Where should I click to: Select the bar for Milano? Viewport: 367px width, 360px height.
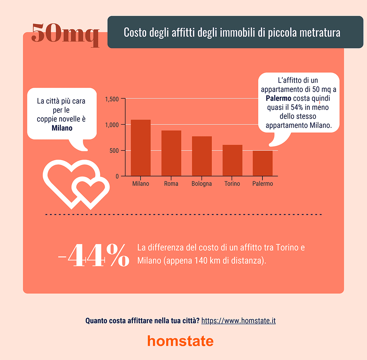point(141,148)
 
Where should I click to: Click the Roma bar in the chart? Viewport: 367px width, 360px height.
point(171,153)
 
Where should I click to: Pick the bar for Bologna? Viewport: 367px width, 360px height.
point(201,156)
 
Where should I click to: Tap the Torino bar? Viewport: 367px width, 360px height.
point(232,161)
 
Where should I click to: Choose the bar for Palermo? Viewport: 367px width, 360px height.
point(263,163)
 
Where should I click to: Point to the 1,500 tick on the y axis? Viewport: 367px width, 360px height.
point(112,99)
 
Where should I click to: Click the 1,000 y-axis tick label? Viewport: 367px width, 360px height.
point(112,125)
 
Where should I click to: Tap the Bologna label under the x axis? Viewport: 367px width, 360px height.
point(201,184)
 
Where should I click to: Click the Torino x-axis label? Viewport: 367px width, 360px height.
point(232,184)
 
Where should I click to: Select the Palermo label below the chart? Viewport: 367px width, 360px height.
point(263,184)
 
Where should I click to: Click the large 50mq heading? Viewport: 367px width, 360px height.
point(65,34)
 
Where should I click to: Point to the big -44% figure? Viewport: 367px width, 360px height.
point(94,255)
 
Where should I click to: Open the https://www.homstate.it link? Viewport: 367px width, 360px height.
point(239,321)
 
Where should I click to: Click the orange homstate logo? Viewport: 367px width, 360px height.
point(180,341)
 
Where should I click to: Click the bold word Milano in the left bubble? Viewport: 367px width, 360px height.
point(62,128)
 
